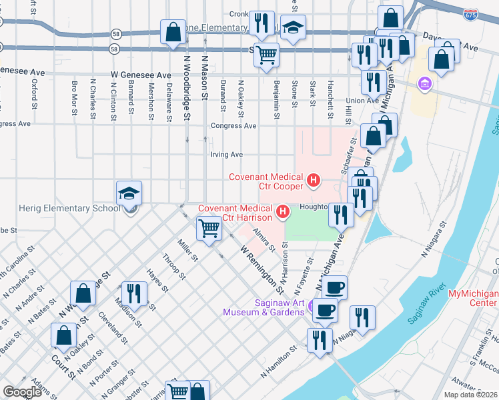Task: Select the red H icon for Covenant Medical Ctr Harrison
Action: pos(284,213)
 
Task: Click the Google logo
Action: pos(22,392)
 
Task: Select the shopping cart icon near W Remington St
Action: pos(209,229)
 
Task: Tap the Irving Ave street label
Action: pos(226,155)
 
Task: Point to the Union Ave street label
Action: pos(362,101)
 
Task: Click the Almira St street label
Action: pos(264,239)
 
